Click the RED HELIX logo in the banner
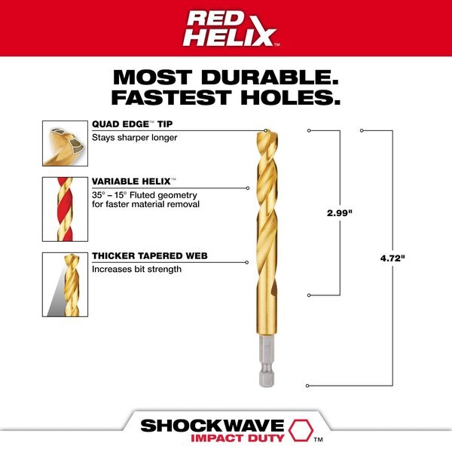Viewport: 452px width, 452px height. pyautogui.click(x=230, y=29)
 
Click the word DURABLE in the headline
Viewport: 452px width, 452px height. pyautogui.click(x=270, y=78)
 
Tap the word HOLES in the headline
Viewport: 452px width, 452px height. pyautogui.click(x=291, y=97)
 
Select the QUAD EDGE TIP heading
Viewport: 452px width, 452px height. pyautogui.click(x=133, y=124)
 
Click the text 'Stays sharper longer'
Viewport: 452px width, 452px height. pyautogui.click(x=135, y=138)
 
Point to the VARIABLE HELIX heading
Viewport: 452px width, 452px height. pyautogui.click(x=134, y=182)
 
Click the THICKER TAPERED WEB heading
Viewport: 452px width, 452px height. pyautogui.click(x=150, y=256)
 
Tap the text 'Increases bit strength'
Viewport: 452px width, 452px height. pyautogui.click(x=136, y=269)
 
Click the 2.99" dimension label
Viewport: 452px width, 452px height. pyautogui.click(x=340, y=213)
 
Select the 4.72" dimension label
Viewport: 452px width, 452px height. pyautogui.click(x=392, y=258)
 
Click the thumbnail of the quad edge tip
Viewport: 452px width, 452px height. pyautogui.click(x=65, y=143)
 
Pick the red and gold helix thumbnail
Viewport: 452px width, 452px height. pyautogui.click(x=65, y=209)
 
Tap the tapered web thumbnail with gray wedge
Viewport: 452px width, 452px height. pyautogui.click(x=65, y=285)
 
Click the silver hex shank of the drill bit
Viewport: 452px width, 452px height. pyautogui.click(x=267, y=361)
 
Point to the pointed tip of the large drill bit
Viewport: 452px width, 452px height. pyautogui.click(x=267, y=131)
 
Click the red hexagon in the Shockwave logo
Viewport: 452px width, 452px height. pyautogui.click(x=301, y=430)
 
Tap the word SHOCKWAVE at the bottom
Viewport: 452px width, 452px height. pyautogui.click(x=212, y=426)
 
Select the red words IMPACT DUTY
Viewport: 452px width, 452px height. pyautogui.click(x=237, y=438)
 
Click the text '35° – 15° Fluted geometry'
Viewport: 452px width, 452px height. pyautogui.click(x=145, y=195)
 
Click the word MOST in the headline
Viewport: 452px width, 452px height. pyautogui.click(x=152, y=78)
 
